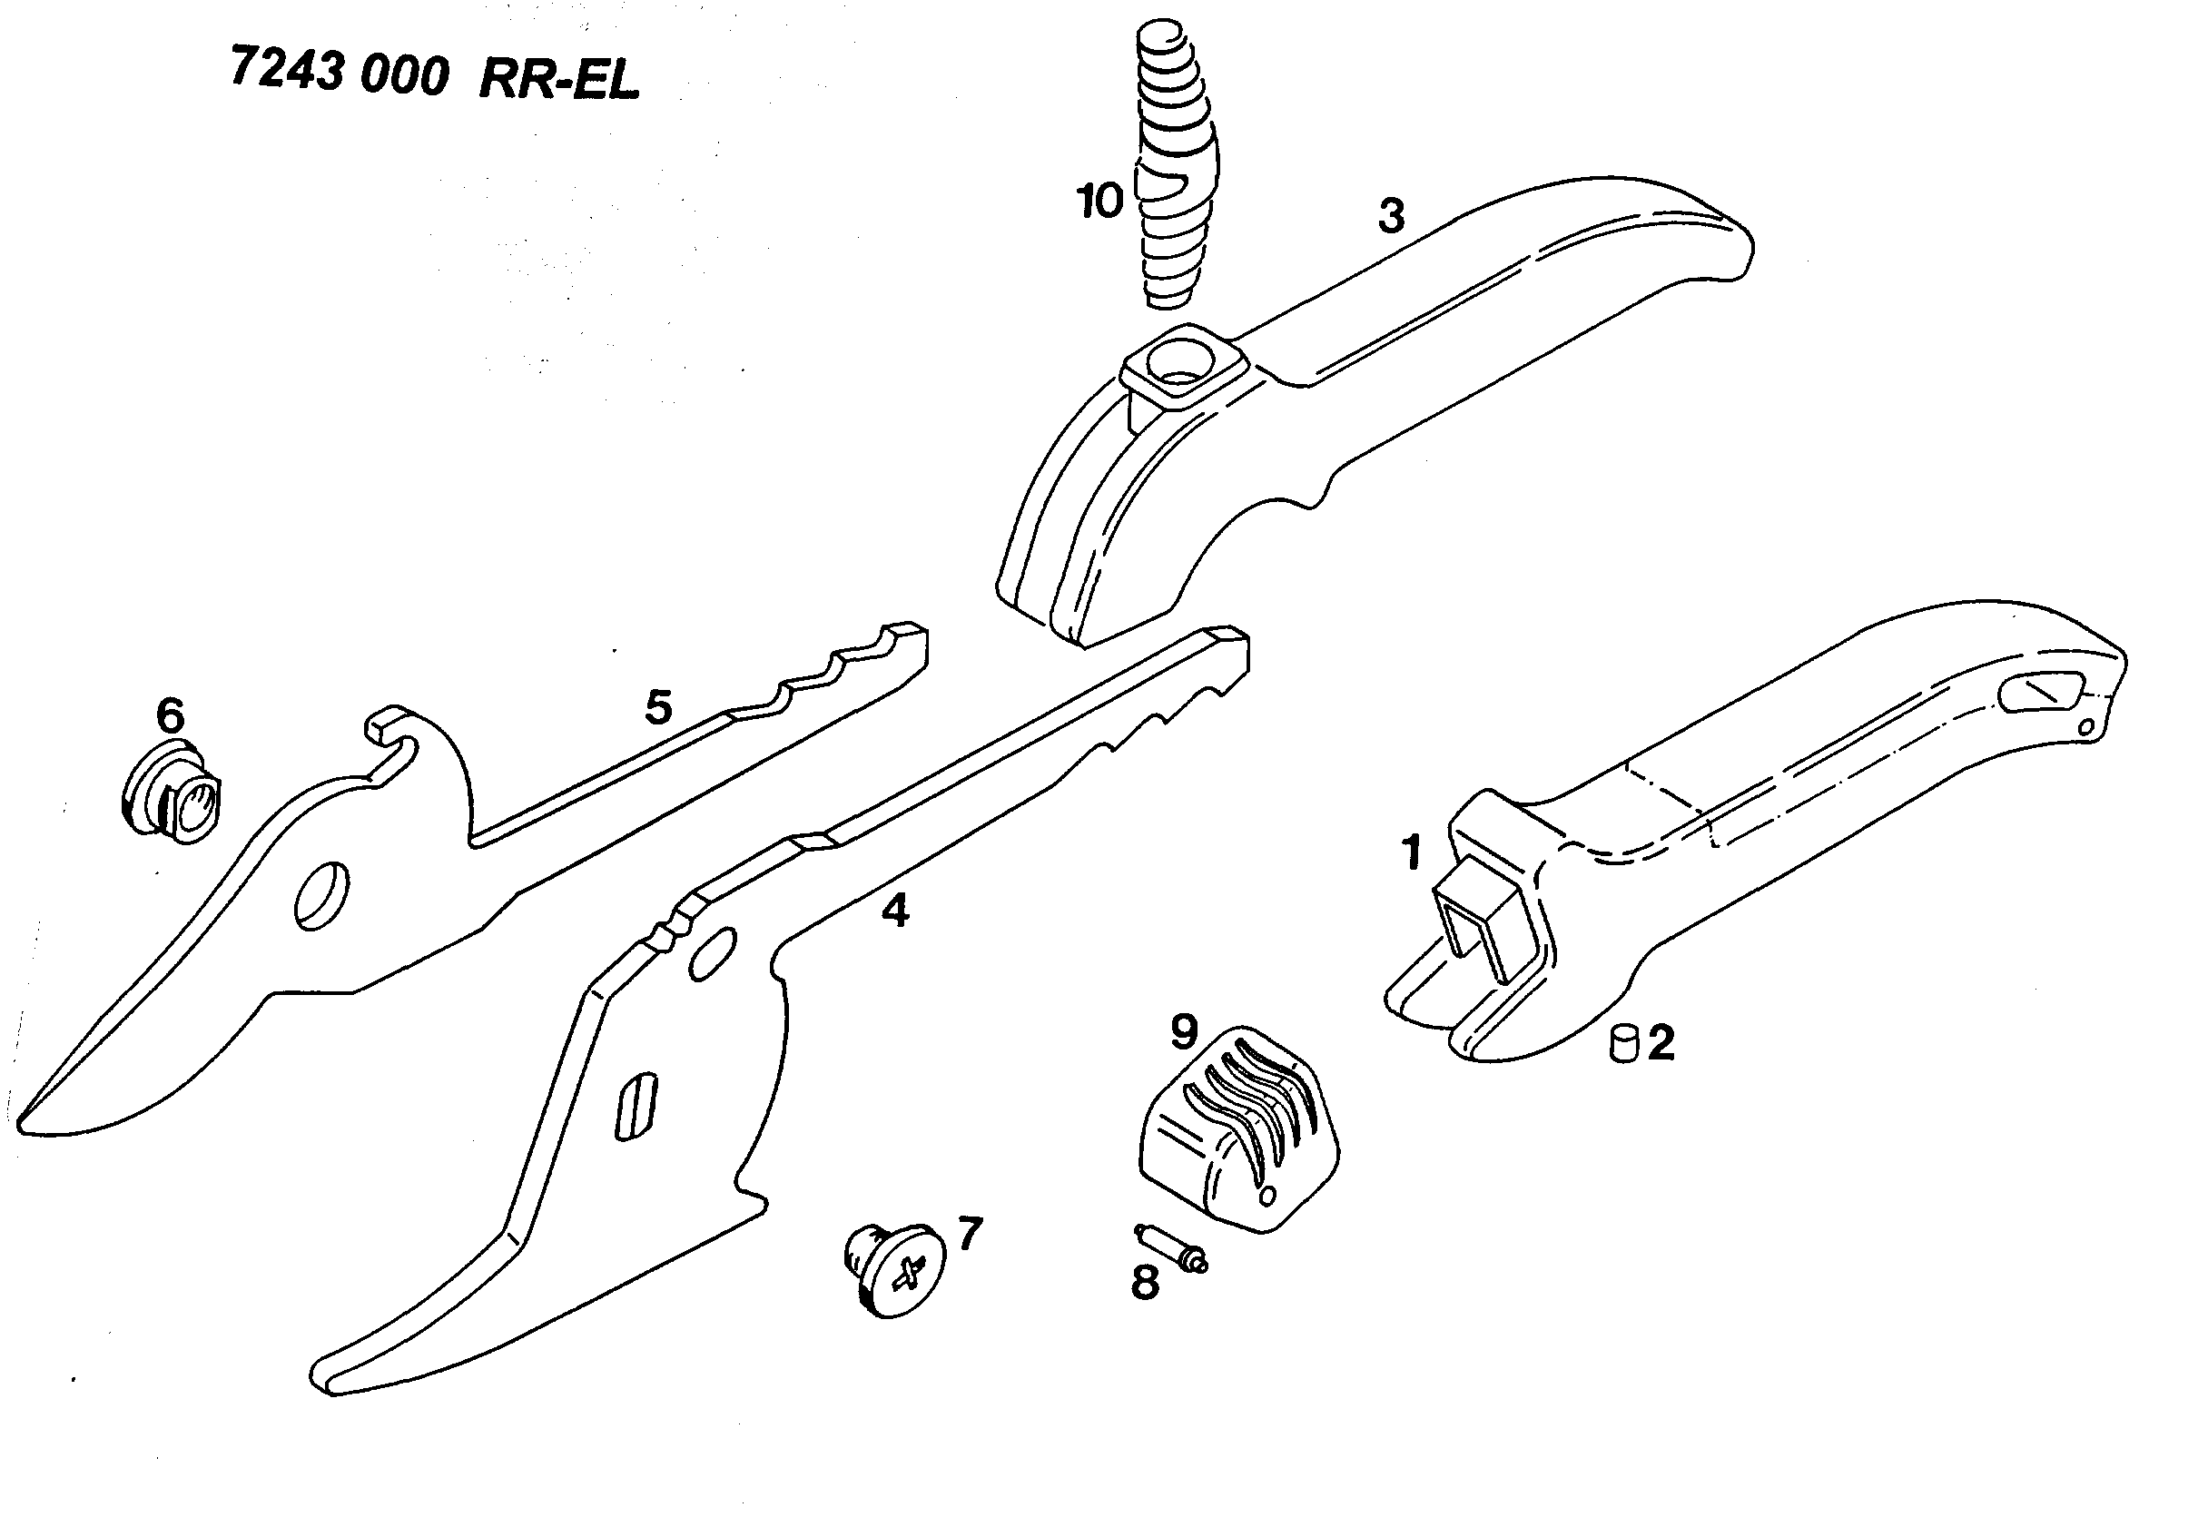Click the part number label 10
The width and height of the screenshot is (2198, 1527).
1099,202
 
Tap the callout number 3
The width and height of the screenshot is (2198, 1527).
1390,216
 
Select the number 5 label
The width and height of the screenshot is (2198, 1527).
658,707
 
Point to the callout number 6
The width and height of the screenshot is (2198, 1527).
171,715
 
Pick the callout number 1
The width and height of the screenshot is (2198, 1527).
1412,852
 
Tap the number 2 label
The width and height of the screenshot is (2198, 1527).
1661,1042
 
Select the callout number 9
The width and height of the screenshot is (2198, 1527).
1184,1031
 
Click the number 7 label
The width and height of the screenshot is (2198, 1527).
970,1235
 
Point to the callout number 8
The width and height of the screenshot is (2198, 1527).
1145,1284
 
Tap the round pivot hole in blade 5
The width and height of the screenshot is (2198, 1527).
322,895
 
